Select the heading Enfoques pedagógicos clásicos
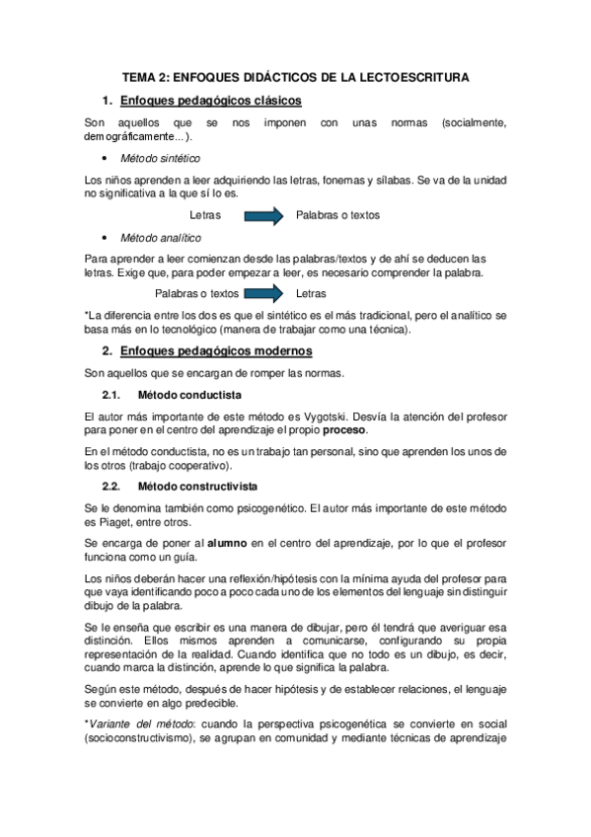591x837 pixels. pyautogui.click(x=210, y=101)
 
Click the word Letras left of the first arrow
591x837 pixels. pyautogui.click(x=204, y=214)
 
